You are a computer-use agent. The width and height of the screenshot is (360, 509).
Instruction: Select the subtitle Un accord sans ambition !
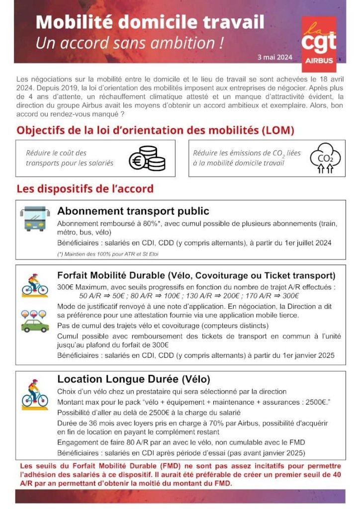point(129,43)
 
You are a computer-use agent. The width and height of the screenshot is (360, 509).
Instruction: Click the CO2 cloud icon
point(325,159)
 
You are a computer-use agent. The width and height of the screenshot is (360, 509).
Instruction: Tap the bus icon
point(35,218)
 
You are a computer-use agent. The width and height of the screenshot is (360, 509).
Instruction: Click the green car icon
point(35,326)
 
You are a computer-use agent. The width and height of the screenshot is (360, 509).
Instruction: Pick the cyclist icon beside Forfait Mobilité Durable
point(35,284)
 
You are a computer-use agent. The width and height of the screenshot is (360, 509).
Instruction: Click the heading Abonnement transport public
point(133,211)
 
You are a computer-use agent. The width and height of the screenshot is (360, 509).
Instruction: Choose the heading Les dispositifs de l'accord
point(85,189)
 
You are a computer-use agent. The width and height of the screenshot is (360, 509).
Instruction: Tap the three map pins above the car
point(35,314)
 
